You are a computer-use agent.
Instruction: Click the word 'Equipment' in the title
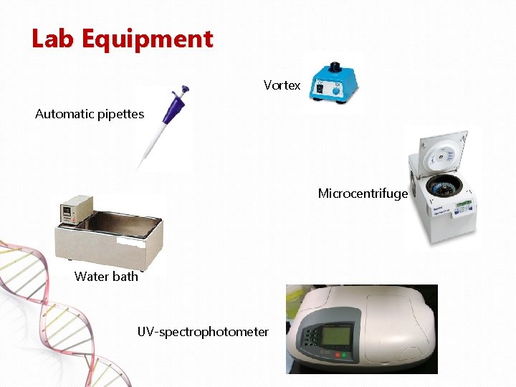tap(147, 40)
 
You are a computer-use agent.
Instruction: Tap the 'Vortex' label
tap(282, 85)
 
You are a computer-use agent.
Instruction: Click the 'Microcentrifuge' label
tap(363, 193)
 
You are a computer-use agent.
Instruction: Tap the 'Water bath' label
tap(106, 277)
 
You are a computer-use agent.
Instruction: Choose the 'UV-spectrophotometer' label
tap(203, 332)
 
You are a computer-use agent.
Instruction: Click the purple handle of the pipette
tap(173, 111)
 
